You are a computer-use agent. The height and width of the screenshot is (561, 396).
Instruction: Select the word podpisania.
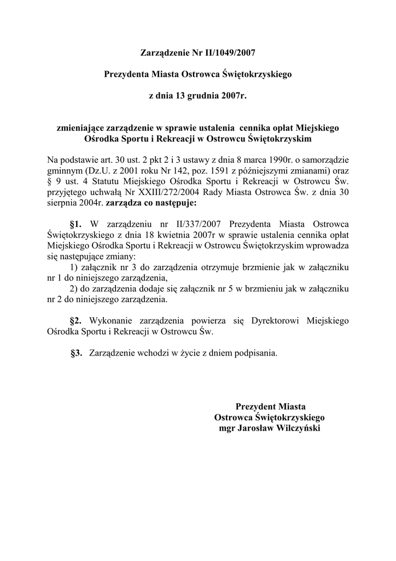(255, 353)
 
